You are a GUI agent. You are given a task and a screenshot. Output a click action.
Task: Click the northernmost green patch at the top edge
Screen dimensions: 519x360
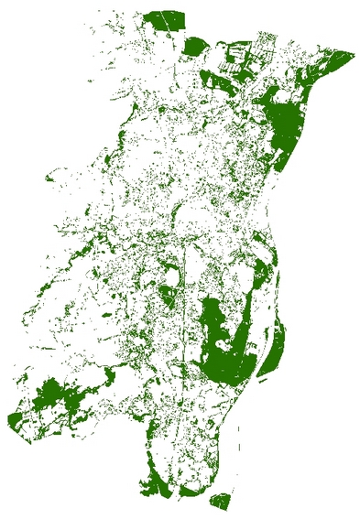(x=166, y=19)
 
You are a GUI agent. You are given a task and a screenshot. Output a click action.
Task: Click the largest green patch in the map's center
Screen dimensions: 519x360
(x=218, y=343)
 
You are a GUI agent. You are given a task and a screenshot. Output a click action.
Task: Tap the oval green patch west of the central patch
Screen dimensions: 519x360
(x=168, y=294)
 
